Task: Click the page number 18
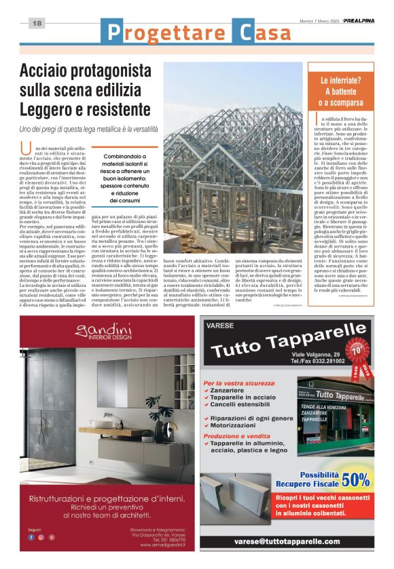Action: click(x=37, y=24)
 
